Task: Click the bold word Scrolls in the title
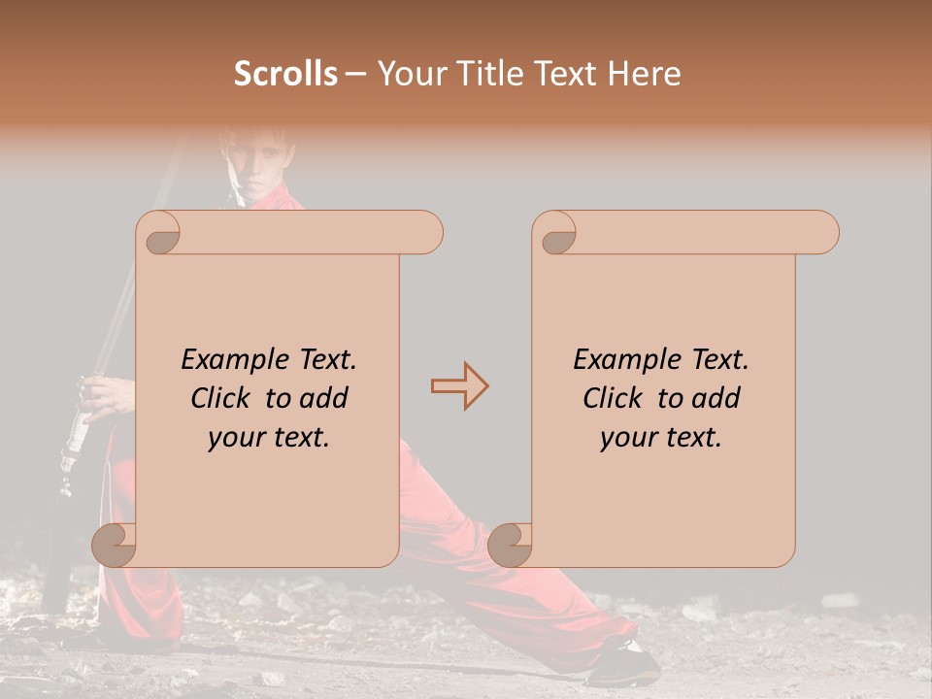(286, 74)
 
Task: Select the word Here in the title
(646, 74)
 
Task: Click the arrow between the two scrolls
(459, 386)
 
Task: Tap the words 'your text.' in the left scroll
(269, 438)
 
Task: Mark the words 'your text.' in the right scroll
(661, 438)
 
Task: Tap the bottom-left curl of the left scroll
(114, 544)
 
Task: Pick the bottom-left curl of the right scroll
(510, 544)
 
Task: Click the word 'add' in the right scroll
(715, 398)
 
